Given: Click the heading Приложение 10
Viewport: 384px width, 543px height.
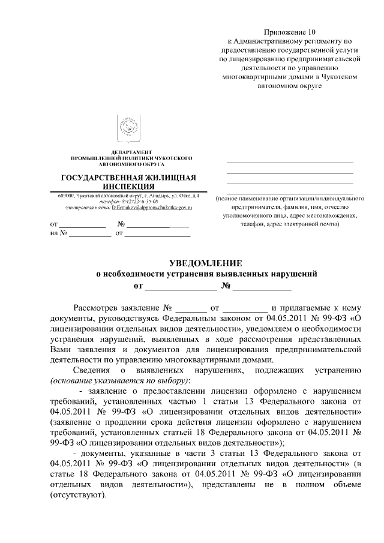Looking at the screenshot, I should click(290, 32).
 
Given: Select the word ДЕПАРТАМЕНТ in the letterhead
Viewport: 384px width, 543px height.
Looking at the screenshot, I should click(131, 151).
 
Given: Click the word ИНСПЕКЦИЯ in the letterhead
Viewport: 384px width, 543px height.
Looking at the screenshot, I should click(131, 187).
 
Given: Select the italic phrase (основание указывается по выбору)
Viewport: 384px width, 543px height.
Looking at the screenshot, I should click(120, 380).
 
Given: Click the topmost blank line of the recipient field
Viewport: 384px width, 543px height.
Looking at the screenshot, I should click(289, 163).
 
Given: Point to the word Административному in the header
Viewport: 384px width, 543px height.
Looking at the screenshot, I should click(262, 41).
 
